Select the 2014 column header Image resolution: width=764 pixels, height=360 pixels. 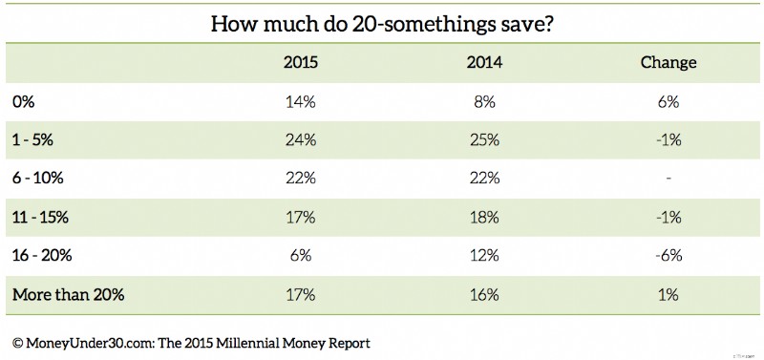485,63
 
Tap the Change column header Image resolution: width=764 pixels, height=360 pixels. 668,63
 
